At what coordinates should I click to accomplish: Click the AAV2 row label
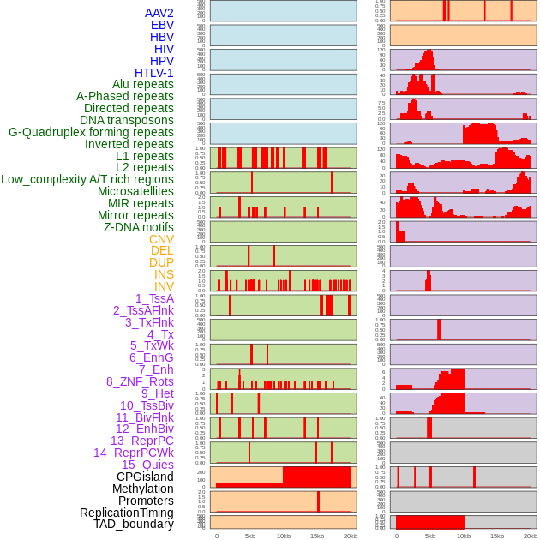[x=159, y=13]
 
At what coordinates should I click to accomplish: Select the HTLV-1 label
[x=153, y=73]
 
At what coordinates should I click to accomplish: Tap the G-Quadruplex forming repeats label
[x=91, y=132]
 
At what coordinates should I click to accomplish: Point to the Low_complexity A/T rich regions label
[x=87, y=179]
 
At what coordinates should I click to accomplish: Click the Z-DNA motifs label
[x=138, y=227]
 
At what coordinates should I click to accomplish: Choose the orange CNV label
[x=161, y=239]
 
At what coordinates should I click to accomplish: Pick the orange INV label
[x=164, y=286]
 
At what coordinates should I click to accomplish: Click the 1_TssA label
[x=154, y=298]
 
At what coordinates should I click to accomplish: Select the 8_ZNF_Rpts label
[x=140, y=381]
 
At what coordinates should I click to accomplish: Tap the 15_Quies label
[x=147, y=465]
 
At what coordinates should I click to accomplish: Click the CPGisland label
[x=145, y=477]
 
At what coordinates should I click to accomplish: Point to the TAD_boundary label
[x=133, y=524]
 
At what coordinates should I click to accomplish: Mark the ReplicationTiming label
[x=127, y=513]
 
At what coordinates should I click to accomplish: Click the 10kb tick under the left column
[x=283, y=536]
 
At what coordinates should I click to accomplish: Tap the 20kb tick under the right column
[x=531, y=536]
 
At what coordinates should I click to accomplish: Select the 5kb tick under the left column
[x=250, y=536]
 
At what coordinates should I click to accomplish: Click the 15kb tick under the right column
[x=497, y=536]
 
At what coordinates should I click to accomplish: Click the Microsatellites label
[x=135, y=191]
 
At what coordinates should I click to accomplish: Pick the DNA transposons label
[x=127, y=120]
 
